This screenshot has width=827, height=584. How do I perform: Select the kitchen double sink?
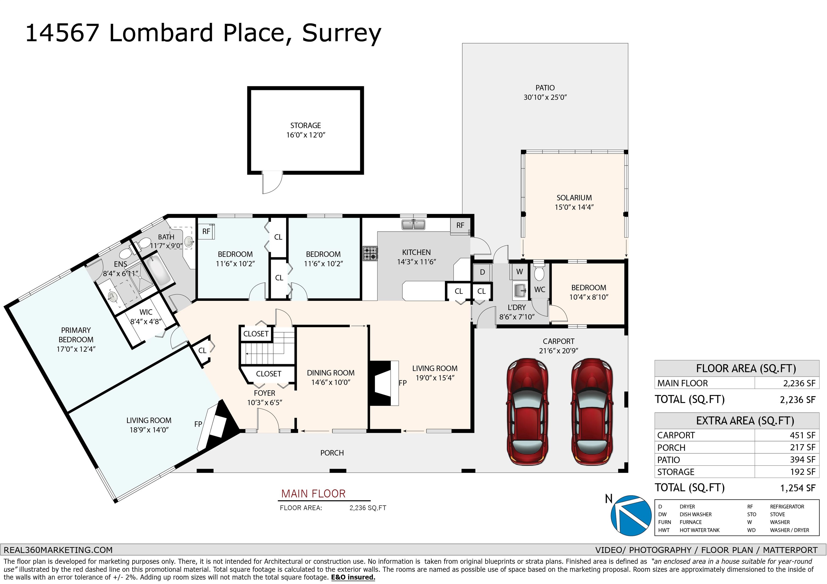[413, 225]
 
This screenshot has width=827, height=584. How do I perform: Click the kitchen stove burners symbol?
[370, 253]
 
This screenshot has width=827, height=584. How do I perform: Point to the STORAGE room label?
[306, 126]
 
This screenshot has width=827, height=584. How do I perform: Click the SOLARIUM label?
[574, 198]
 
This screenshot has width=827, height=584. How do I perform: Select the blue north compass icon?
[631, 515]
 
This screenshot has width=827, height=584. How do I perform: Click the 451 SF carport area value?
[803, 435]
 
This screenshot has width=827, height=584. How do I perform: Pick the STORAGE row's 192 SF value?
[803, 472]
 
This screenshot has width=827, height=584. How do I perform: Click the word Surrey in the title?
[341, 33]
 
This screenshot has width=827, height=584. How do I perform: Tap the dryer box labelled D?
[482, 272]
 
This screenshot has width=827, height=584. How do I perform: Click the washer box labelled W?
[519, 272]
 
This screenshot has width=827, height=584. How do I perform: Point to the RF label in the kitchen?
[460, 225]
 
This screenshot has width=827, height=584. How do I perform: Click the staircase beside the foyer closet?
[267, 348]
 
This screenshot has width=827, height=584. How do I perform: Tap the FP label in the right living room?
[403, 383]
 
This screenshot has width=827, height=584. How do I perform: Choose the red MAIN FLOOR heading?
[313, 493]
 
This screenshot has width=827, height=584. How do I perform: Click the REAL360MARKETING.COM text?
[58, 550]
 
